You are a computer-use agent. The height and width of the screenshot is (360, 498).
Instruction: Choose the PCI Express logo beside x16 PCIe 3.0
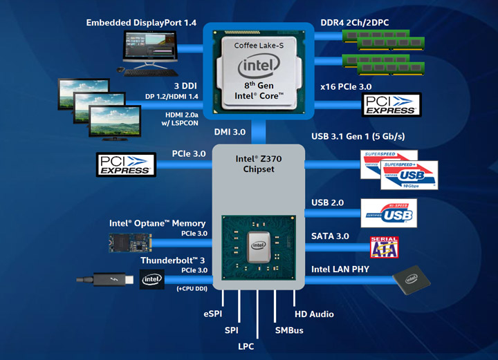click(391, 105)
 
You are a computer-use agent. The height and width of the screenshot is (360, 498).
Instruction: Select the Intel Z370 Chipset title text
click(259, 164)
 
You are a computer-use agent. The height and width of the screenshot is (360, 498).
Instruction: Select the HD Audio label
click(314, 314)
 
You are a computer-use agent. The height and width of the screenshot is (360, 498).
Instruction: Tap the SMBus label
click(289, 331)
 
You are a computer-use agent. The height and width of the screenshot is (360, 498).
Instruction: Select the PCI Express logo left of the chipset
click(125, 164)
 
